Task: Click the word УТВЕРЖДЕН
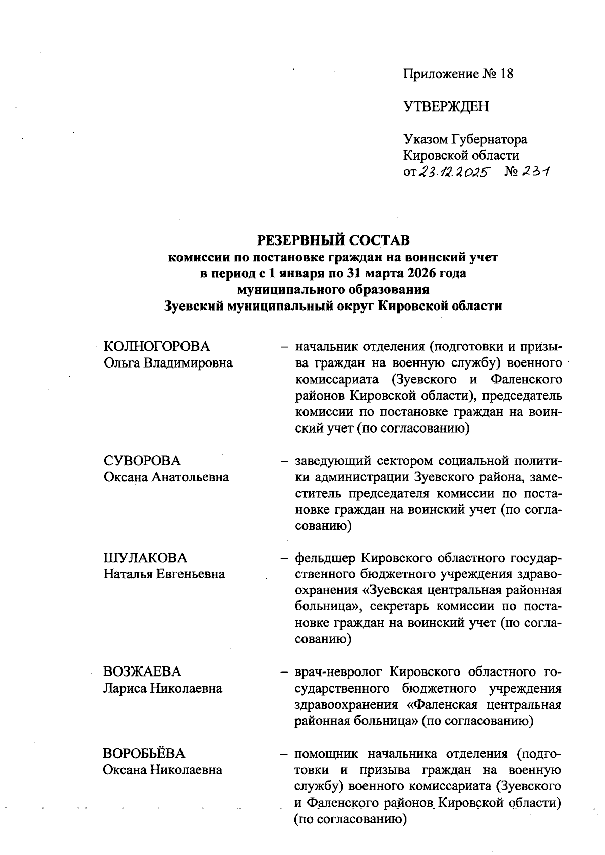(446, 106)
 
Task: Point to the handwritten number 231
(535, 173)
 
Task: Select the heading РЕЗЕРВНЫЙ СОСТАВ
(333, 240)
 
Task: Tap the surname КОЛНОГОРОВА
(157, 346)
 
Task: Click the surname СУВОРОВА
(142, 461)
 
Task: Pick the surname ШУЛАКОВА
(145, 558)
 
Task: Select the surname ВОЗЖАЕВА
(142, 671)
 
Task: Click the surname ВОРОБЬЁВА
(144, 754)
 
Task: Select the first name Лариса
(124, 688)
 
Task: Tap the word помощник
(326, 754)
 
